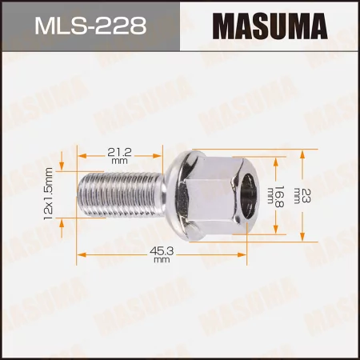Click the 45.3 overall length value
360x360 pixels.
click(x=162, y=251)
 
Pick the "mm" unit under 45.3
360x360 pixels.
click(x=162, y=261)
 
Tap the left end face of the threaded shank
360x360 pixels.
click(x=79, y=197)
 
